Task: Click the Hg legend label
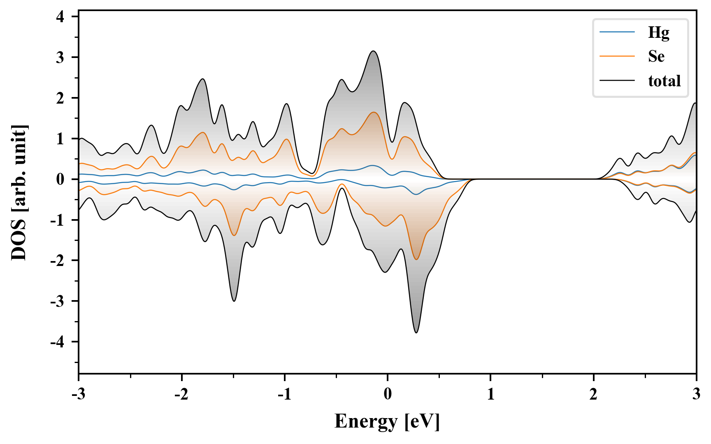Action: tap(658, 32)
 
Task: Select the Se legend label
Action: tap(656, 56)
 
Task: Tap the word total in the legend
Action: tap(664, 81)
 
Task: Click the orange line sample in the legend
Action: tap(617, 56)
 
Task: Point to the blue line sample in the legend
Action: tap(617, 32)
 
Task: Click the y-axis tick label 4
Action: tap(60, 17)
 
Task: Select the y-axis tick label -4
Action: tap(58, 342)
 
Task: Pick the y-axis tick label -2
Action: tap(58, 261)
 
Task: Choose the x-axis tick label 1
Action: tap(490, 395)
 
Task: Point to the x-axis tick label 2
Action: tap(593, 395)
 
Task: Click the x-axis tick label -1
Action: tap(284, 395)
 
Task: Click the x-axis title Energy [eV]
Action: tap(387, 421)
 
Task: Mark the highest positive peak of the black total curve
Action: tap(373, 51)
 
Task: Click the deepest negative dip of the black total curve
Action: tap(416, 333)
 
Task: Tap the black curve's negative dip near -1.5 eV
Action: tap(234, 301)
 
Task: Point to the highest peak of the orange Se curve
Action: tap(374, 112)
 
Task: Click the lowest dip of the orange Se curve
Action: tap(416, 259)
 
